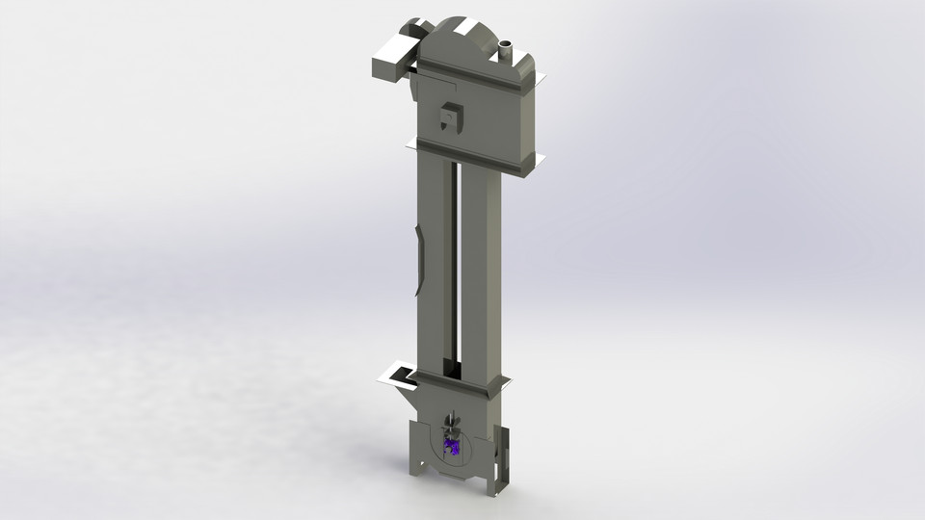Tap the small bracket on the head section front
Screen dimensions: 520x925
coord(449,117)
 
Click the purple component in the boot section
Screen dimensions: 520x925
coord(451,445)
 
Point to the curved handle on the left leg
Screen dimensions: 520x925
coord(417,260)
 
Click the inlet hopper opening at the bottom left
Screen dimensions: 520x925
coord(396,374)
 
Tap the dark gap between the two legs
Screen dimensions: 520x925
coord(452,270)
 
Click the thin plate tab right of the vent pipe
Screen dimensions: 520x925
coord(538,78)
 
